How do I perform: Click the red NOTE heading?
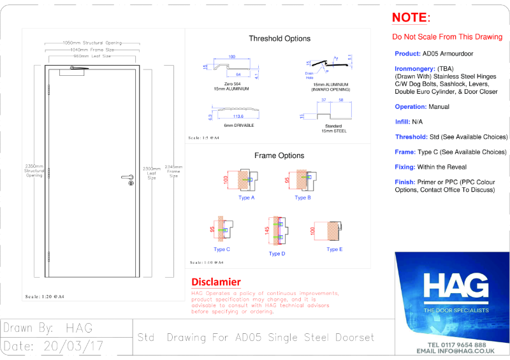(x=411, y=17)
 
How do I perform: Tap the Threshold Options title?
(x=279, y=38)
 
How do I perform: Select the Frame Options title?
(x=279, y=155)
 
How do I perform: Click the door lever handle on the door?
(x=127, y=177)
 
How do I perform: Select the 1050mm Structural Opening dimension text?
(x=83, y=43)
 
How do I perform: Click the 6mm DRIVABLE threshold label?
(x=240, y=126)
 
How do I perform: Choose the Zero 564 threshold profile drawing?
(x=232, y=66)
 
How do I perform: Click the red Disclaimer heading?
(x=216, y=282)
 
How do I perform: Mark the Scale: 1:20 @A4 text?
(x=45, y=297)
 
